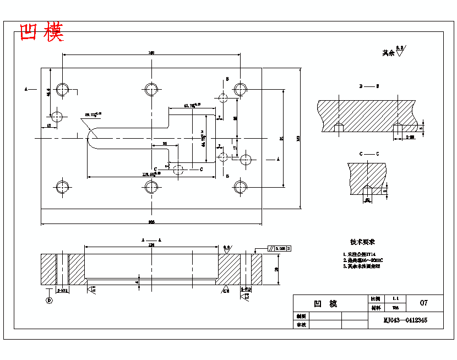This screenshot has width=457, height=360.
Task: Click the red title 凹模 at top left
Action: click(x=41, y=32)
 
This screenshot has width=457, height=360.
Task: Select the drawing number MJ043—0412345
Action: click(x=405, y=320)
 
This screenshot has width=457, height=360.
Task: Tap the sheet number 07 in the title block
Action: click(x=423, y=303)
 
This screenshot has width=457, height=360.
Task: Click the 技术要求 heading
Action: click(x=362, y=242)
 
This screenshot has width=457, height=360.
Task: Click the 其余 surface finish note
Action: click(x=389, y=53)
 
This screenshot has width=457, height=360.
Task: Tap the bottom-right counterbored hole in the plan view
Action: click(x=240, y=187)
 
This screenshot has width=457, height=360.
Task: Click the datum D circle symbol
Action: click(x=49, y=301)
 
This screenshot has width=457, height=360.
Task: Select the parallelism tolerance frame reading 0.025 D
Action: click(x=280, y=249)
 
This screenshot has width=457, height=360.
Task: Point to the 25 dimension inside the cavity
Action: click(x=165, y=143)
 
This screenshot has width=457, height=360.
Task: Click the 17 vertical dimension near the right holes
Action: click(x=235, y=148)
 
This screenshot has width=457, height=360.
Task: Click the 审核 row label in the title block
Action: click(x=300, y=325)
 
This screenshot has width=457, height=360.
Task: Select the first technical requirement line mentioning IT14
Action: click(x=360, y=254)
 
